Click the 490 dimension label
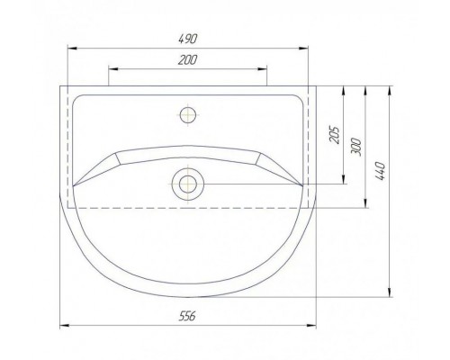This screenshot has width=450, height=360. tap(188, 39)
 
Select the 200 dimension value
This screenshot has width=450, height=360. tap(188, 60)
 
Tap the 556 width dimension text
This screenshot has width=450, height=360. tap(187, 316)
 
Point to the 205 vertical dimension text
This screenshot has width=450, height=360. tap(335, 135)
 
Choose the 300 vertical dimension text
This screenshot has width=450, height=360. tap(355, 147)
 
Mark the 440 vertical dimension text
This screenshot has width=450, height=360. tap(380, 171)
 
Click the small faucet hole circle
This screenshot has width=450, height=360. tap(188, 114)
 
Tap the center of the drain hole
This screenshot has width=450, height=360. tap(188, 184)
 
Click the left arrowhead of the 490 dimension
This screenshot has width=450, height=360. tap(72, 48)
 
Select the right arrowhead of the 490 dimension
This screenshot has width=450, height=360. tap(304, 48)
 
